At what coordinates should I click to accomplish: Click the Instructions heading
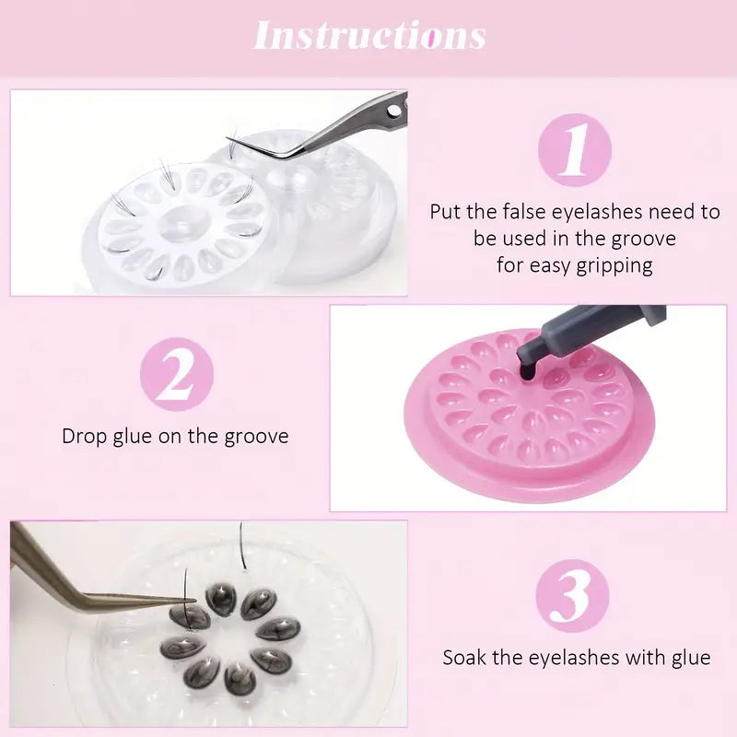tap(369, 35)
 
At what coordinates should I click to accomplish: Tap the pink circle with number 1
tap(574, 150)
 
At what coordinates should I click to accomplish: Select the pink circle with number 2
tap(177, 374)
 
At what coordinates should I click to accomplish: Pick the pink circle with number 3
tap(572, 595)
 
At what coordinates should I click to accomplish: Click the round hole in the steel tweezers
tap(394, 111)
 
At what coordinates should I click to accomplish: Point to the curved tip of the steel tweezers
tap(228, 139)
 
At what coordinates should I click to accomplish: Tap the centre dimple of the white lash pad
tap(181, 227)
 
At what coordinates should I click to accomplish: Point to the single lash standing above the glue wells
tap(242, 546)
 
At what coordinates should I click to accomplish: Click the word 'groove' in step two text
tap(256, 437)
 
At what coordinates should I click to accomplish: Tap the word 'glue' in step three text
tap(691, 658)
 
